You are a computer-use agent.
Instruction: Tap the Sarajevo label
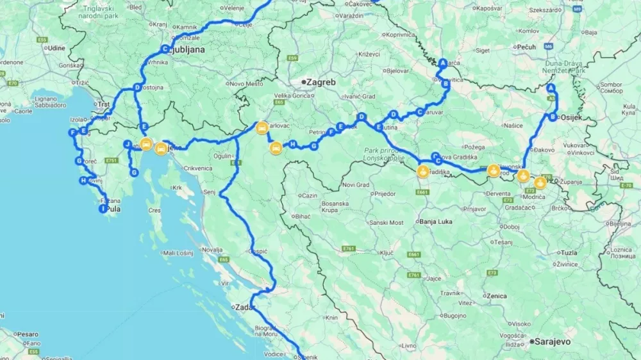click(x=553, y=342)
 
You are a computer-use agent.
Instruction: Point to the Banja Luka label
click(x=435, y=222)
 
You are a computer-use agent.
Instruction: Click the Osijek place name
click(x=570, y=118)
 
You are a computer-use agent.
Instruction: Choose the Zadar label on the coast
click(x=246, y=307)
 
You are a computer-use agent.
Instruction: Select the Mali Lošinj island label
click(x=178, y=254)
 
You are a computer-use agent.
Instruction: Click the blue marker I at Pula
click(x=103, y=208)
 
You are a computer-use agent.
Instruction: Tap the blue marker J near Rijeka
click(x=128, y=144)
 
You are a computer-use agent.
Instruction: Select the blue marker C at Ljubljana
click(x=165, y=49)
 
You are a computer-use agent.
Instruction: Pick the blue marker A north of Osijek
click(x=551, y=88)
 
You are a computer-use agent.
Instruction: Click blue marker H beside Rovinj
click(x=83, y=181)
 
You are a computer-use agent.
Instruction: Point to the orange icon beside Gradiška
click(x=423, y=172)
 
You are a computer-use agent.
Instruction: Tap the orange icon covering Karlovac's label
click(x=262, y=127)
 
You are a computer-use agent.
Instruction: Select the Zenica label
click(x=496, y=297)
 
